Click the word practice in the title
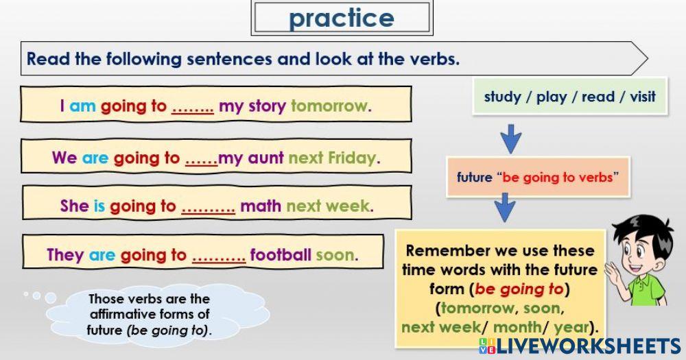341,19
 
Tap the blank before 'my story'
192,106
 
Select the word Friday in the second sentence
353,158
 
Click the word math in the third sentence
261,206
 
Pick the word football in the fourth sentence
281,256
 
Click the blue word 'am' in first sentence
82,106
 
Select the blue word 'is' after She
99,206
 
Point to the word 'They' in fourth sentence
65,256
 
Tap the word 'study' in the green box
502,97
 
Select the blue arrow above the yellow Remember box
505,206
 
